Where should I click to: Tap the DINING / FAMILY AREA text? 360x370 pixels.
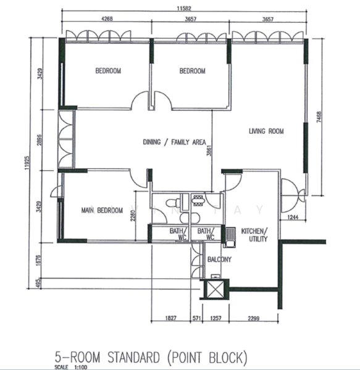click(x=174, y=142)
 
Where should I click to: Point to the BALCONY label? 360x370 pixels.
click(x=219, y=260)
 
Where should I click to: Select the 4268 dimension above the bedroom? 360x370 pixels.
click(x=107, y=19)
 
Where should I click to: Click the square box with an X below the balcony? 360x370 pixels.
click(x=216, y=289)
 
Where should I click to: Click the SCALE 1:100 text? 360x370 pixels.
click(x=71, y=367)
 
